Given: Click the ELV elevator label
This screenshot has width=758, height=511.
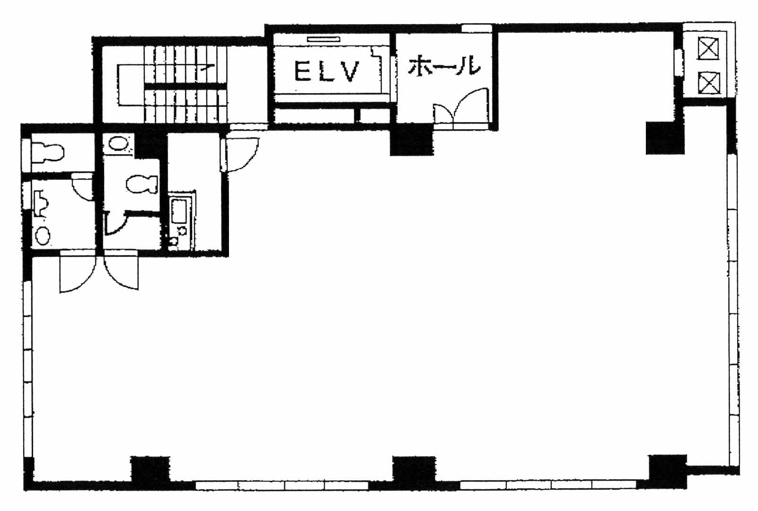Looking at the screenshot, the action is (x=326, y=71).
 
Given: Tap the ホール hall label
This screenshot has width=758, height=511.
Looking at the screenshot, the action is (x=444, y=65).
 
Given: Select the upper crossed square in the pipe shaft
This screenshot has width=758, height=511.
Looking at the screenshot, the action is (x=709, y=49).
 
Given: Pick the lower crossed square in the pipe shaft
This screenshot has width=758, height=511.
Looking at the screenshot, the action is (x=709, y=83).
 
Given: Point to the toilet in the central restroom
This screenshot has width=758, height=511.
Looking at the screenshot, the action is (x=142, y=184).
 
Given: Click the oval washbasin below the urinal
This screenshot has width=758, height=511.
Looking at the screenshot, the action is (x=43, y=235).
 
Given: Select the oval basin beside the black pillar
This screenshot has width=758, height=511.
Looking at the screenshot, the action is (x=118, y=143).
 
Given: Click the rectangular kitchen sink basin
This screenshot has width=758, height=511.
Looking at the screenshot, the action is (x=179, y=211).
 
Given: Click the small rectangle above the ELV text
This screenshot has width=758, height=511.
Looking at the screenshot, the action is (x=323, y=40).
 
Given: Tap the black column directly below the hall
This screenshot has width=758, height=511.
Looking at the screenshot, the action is (x=412, y=140).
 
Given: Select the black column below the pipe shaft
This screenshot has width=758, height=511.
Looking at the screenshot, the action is (x=665, y=138).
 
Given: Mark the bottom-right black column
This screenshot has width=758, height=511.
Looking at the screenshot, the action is (x=668, y=471).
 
